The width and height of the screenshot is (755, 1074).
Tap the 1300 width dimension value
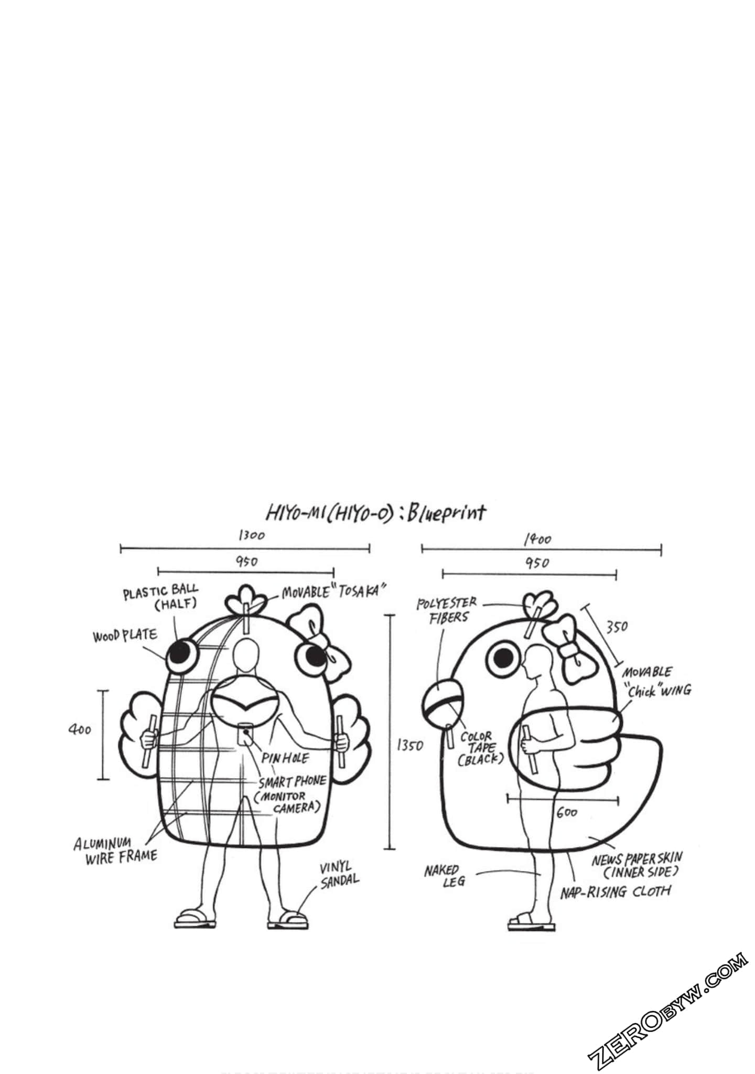252,535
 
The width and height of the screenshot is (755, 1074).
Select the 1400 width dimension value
537,539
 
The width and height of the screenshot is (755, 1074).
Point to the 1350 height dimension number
409,745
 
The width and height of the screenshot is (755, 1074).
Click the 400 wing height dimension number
80,729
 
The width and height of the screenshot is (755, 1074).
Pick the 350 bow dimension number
617,626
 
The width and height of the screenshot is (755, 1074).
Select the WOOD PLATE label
125,636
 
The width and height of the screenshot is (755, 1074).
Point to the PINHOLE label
286,758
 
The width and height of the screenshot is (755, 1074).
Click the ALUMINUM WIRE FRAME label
115,852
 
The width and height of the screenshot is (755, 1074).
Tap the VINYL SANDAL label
340,875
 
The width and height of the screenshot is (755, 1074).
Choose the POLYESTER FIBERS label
447,611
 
